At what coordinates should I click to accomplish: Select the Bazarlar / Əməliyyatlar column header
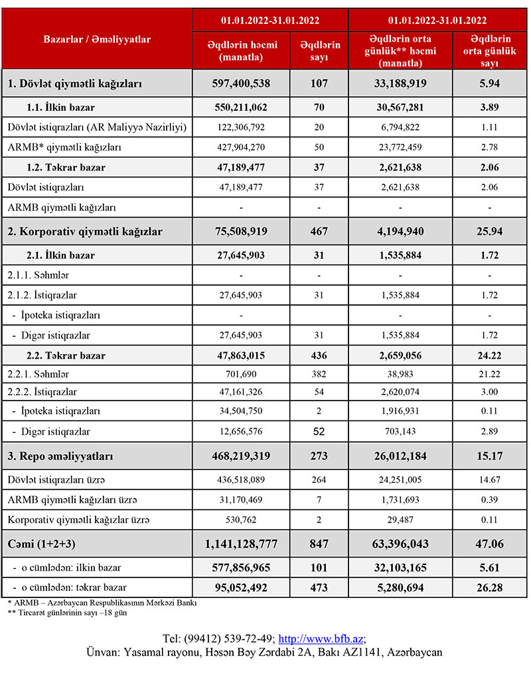[97, 39]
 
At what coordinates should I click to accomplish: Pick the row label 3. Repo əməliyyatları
[60, 457]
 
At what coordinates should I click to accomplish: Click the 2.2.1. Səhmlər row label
[38, 375]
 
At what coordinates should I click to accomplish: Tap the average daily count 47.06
[490, 544]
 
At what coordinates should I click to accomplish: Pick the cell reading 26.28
[490, 587]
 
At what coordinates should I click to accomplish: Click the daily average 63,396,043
[400, 544]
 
